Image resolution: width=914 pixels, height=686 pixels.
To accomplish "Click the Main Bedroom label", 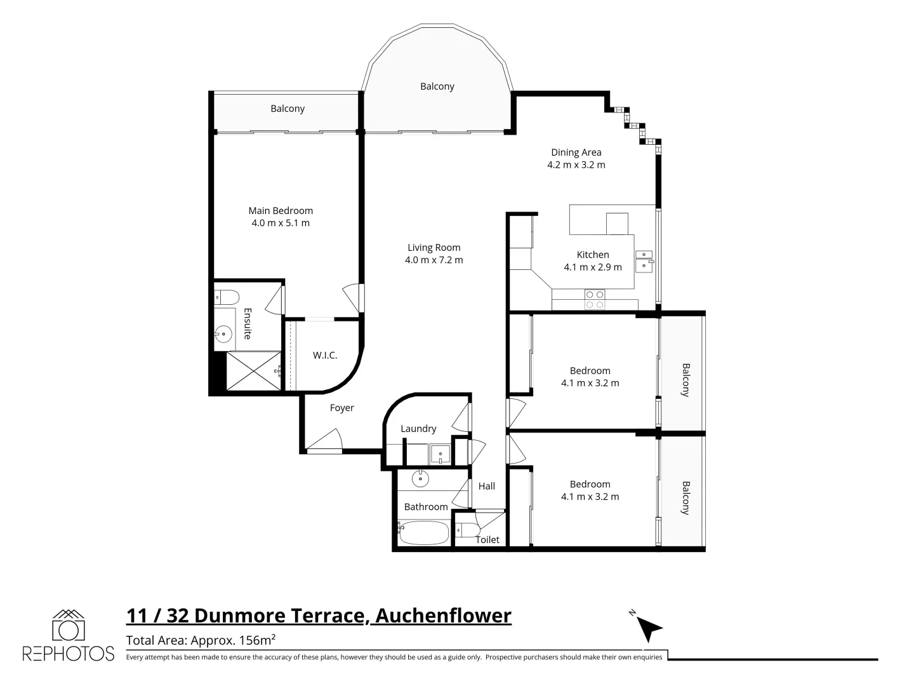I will (281, 210).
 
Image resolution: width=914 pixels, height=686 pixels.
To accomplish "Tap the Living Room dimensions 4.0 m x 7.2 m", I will (434, 260).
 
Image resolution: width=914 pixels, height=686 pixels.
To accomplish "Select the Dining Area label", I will (576, 152).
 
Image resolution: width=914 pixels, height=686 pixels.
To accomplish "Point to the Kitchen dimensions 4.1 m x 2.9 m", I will (593, 267).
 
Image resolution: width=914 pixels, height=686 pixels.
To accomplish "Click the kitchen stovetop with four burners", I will (595, 299).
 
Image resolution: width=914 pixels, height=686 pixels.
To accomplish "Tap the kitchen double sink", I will (644, 260).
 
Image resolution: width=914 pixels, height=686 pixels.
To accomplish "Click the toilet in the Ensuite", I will (225, 297).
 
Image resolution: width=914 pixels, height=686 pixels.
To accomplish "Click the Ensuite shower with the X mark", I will (253, 371).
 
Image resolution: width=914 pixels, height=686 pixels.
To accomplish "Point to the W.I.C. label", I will (325, 355).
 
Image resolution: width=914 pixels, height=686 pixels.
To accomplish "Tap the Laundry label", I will (418, 429).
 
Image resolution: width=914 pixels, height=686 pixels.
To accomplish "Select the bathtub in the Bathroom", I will (424, 533).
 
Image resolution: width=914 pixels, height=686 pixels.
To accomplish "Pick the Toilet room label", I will (487, 539).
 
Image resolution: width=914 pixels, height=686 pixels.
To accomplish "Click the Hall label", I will (487, 486).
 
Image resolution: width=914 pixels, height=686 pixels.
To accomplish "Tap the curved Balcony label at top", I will (437, 86).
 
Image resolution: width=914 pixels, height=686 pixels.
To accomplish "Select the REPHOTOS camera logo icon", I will (69, 626).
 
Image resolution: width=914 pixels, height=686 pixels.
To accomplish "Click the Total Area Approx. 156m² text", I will (201, 640).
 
